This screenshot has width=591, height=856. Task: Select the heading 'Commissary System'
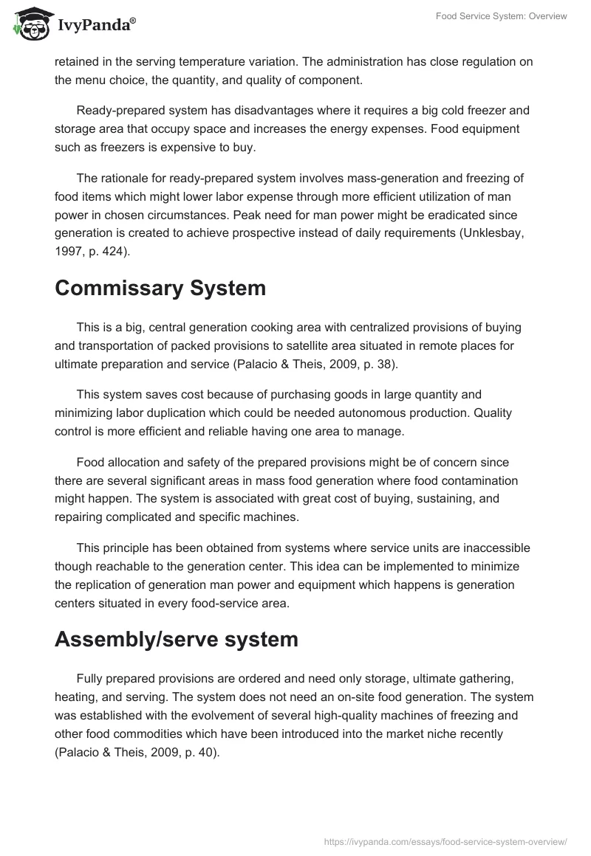(x=160, y=289)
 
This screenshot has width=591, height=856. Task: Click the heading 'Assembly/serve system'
(x=176, y=640)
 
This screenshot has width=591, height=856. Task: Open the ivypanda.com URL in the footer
(x=446, y=841)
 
